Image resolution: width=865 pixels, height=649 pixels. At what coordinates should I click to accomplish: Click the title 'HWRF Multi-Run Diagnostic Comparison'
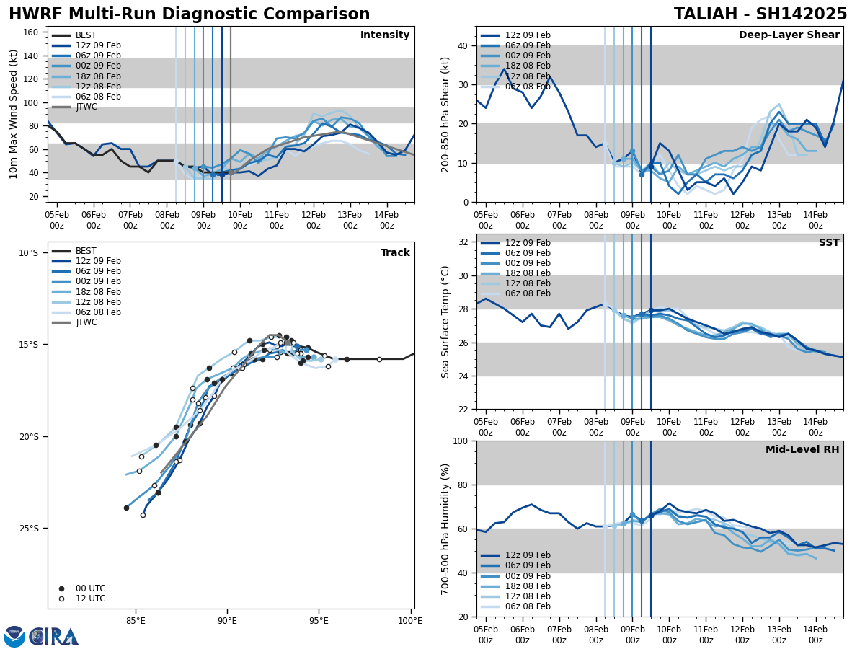tap(189, 14)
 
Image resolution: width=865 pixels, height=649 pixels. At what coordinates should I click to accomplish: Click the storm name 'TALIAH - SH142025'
tap(760, 14)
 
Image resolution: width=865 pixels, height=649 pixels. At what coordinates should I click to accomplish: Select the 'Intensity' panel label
tap(385, 35)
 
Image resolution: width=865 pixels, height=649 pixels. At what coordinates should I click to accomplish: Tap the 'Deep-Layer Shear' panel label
tap(789, 35)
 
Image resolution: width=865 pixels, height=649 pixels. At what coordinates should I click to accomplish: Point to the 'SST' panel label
tap(828, 243)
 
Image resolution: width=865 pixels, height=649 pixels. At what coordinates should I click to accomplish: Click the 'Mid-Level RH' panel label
tap(802, 450)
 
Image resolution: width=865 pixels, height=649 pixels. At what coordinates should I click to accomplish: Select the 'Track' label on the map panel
tap(395, 253)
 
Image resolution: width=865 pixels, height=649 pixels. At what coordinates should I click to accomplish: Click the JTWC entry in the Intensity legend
tap(86, 107)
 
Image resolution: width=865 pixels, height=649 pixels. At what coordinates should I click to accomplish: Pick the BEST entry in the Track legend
tap(86, 251)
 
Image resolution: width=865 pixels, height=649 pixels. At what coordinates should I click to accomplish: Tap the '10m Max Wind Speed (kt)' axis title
tap(13, 114)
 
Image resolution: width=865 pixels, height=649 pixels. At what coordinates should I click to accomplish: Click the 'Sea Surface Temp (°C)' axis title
tap(445, 322)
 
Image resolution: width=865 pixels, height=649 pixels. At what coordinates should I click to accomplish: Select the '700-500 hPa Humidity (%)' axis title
tap(445, 529)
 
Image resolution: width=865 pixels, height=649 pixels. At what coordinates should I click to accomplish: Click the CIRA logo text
tap(55, 637)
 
